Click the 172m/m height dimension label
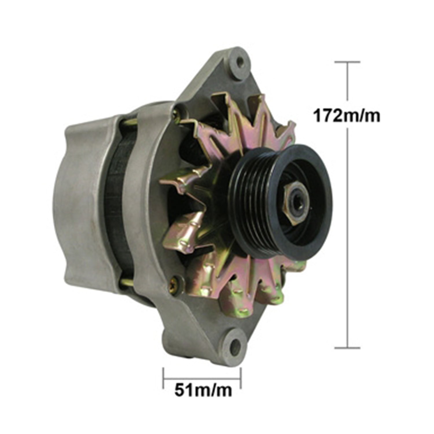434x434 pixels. [347, 116]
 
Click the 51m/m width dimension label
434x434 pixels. [203, 390]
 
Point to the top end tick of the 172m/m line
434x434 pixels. [347, 62]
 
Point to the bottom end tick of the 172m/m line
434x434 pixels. [347, 348]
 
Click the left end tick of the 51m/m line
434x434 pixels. [163, 378]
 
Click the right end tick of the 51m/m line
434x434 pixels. [241, 378]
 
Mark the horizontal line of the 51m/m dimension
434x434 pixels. [203, 378]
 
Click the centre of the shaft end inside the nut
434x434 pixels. [297, 201]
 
